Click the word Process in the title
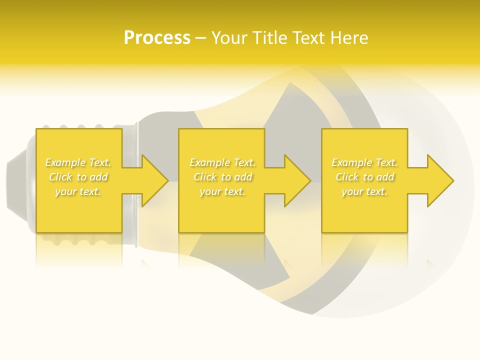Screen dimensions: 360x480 point(157,38)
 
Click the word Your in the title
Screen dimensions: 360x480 point(230,38)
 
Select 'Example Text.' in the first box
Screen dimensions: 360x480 point(78,162)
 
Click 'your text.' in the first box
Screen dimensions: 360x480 point(78,191)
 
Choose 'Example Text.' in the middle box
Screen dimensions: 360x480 point(222,162)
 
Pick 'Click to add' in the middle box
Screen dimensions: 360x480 point(222,177)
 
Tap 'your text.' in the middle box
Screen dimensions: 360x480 point(222,191)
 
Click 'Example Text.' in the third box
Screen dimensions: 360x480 point(364,162)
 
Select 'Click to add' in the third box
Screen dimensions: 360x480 point(364,177)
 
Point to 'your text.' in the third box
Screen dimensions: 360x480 point(364,191)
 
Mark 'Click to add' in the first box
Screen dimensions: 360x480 point(78,177)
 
